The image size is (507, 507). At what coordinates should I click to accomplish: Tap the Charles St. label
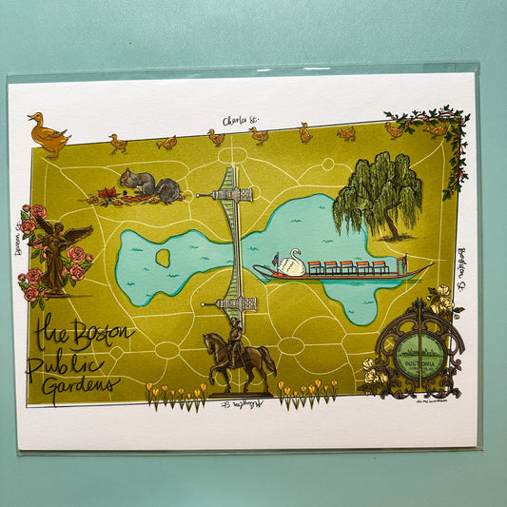pyautogui.click(x=241, y=121)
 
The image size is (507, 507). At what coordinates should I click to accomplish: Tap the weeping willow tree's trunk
pyautogui.click(x=389, y=225)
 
